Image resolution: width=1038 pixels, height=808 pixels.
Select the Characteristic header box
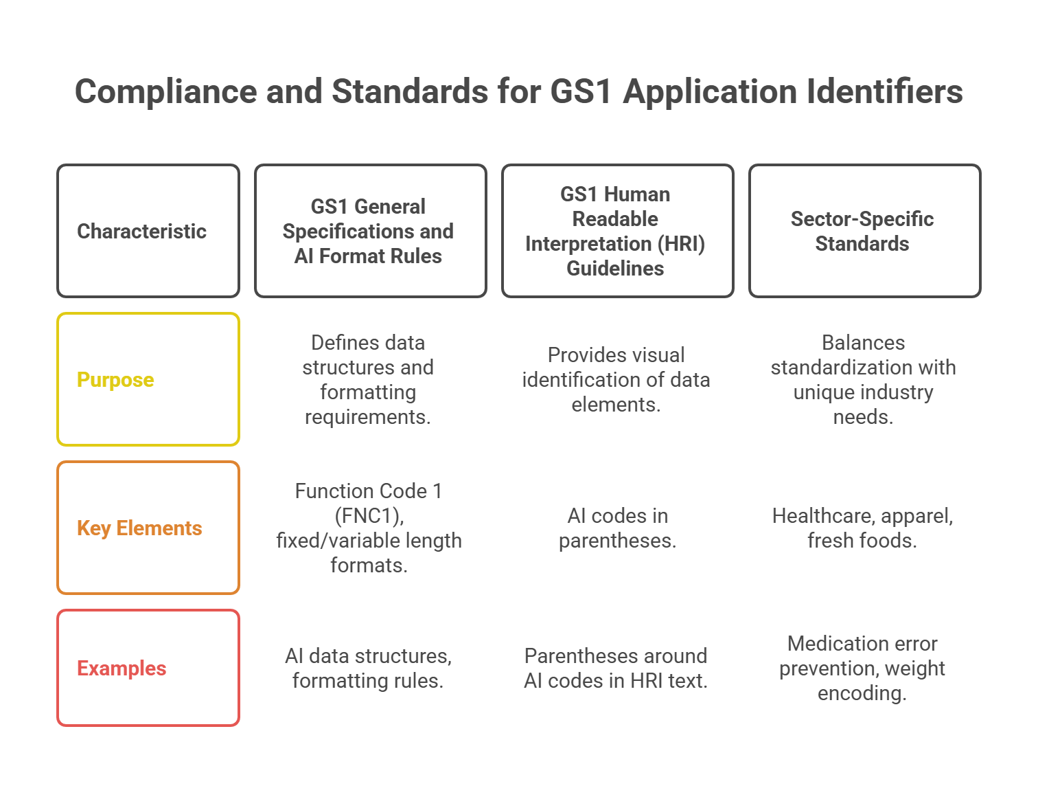[x=148, y=231]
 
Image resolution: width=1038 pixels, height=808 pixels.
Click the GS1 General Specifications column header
[x=370, y=231]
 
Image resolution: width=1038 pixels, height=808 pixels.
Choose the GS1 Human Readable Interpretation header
[x=617, y=231]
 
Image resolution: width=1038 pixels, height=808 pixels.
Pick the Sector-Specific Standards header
[x=864, y=231]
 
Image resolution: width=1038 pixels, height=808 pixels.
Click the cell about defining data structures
[x=368, y=379]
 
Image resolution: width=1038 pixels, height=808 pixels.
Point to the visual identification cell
[x=616, y=379]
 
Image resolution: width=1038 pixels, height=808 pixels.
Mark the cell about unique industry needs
[x=863, y=379]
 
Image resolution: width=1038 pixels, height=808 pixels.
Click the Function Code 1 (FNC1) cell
[x=369, y=528]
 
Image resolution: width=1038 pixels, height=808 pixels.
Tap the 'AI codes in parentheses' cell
[x=617, y=528]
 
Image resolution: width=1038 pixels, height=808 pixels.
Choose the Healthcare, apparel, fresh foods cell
[x=862, y=528]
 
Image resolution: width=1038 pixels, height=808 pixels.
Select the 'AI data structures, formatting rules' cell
[x=368, y=668]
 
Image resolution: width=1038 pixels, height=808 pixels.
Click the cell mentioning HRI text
[x=616, y=668]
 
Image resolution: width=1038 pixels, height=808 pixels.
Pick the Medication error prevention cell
[x=862, y=668]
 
